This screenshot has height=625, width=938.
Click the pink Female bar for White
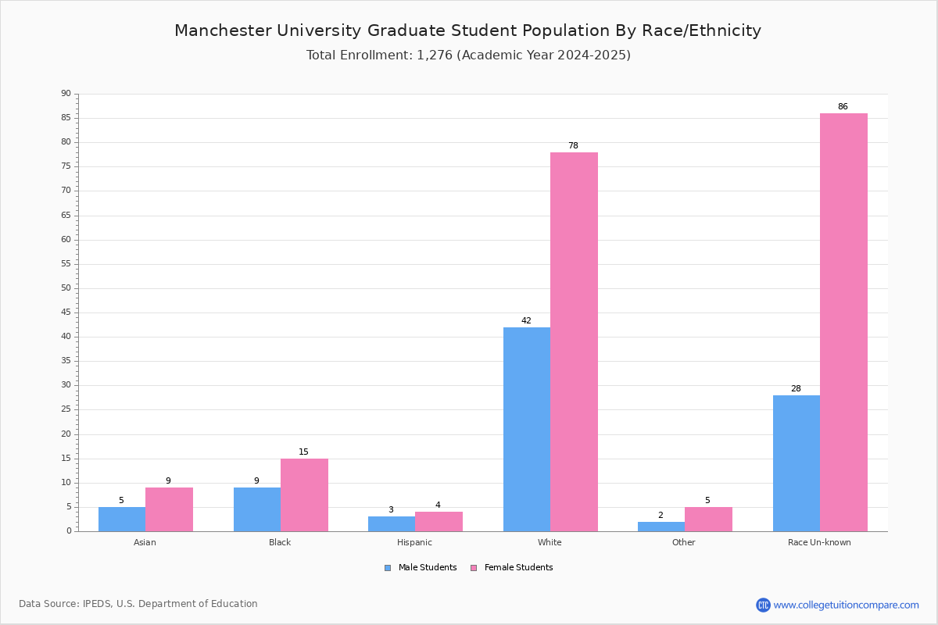coord(574,341)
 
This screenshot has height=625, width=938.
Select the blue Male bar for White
coord(527,429)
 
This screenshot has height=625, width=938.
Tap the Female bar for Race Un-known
coord(843,322)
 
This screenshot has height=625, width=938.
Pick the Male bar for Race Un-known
coord(797,463)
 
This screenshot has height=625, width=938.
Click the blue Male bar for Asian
coord(122,520)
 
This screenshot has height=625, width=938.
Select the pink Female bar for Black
coord(304,495)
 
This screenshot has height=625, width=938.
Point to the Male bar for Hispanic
coord(392,524)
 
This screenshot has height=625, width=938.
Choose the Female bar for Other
coord(708,520)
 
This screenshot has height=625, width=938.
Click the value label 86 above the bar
coord(843,107)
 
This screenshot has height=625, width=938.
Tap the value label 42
coord(526,321)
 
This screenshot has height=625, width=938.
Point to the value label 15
coord(303,452)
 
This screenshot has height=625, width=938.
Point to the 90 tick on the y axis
coord(66,94)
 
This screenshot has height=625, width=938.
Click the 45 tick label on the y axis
coord(66,312)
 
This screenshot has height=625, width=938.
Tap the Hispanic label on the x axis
coord(414,542)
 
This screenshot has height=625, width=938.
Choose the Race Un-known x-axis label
coord(819,542)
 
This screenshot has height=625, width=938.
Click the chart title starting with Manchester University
coord(467,30)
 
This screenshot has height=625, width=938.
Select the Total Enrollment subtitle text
coord(468,55)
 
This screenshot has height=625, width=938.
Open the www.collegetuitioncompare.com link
coord(846,605)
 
